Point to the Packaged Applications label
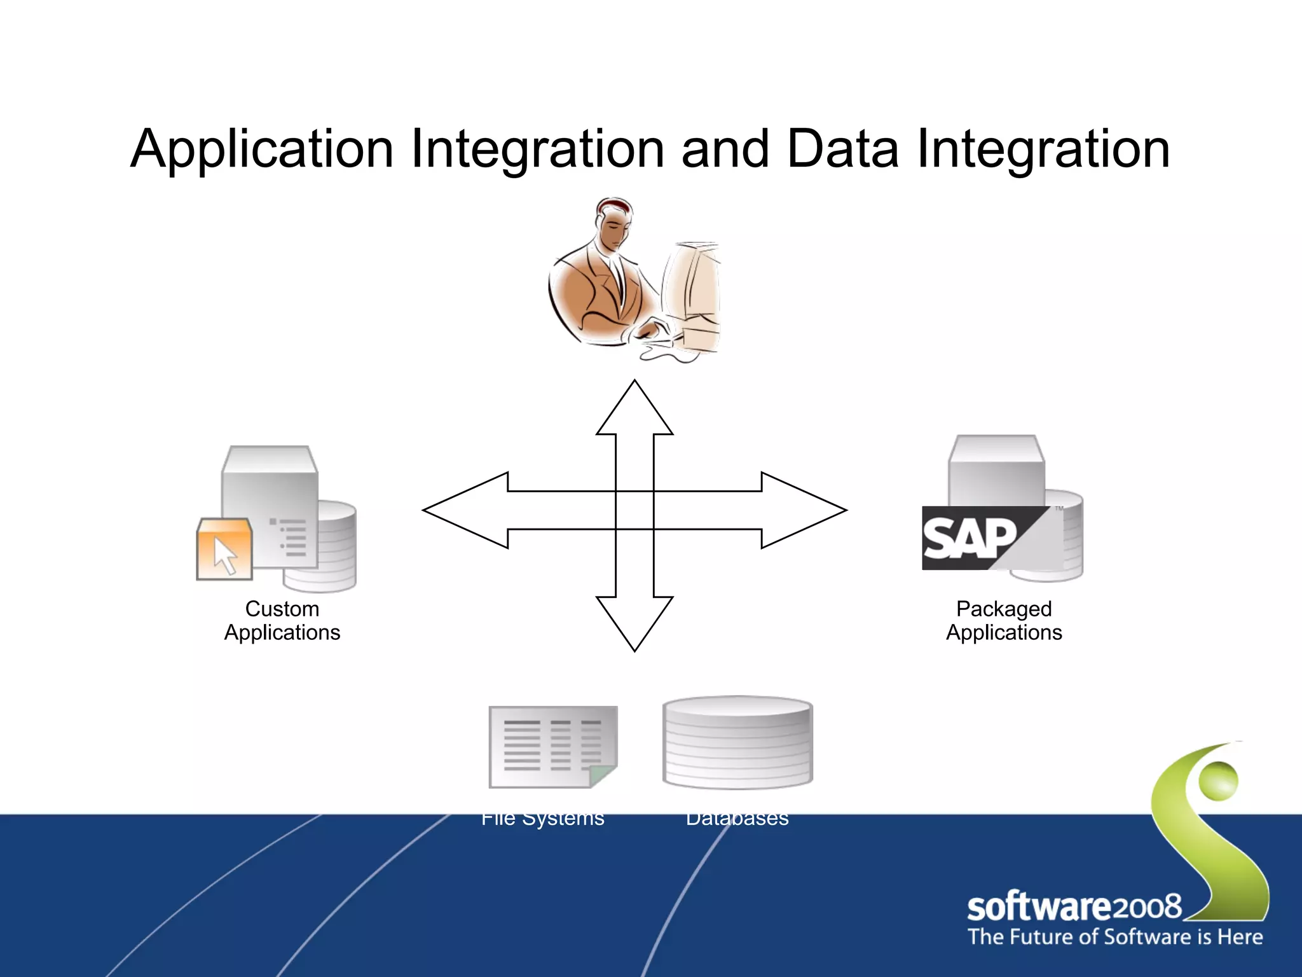click(1004, 620)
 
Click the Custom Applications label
click(282, 620)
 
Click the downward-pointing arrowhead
click(634, 623)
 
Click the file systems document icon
click(552, 747)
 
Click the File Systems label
click(542, 818)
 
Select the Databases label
click(737, 818)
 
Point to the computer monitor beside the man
click(692, 286)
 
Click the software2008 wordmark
click(1074, 907)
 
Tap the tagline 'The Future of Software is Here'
click(1115, 937)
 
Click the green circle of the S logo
click(1218, 780)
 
